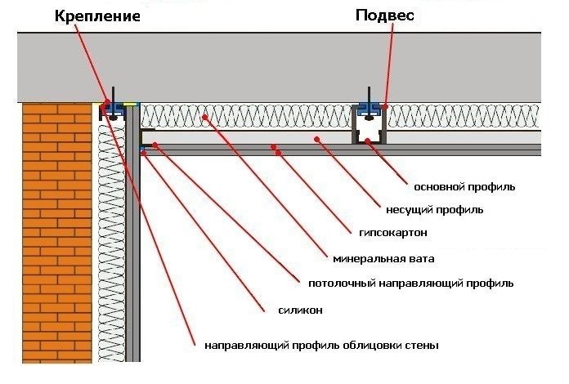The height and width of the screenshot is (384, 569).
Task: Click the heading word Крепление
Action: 97,16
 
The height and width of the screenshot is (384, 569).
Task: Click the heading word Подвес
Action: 385,16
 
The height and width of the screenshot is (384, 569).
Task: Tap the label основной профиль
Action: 464,187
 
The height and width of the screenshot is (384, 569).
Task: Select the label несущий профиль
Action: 434,210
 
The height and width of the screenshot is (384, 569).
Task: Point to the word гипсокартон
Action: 393,232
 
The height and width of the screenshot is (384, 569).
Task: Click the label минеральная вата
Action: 383,259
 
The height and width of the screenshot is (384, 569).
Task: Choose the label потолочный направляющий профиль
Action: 410,284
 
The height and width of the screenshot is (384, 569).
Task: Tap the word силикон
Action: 301,310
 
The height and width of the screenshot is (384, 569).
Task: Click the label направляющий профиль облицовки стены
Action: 321,346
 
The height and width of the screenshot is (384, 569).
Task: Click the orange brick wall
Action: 57,233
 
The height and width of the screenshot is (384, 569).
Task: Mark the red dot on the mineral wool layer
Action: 205,117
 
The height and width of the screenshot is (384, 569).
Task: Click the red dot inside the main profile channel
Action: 368,141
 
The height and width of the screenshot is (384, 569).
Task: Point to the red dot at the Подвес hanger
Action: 385,106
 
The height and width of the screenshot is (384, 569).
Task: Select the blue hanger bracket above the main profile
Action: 370,109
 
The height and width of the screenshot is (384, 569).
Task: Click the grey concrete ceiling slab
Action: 279,68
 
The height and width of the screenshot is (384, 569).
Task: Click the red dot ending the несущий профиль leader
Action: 317,139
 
